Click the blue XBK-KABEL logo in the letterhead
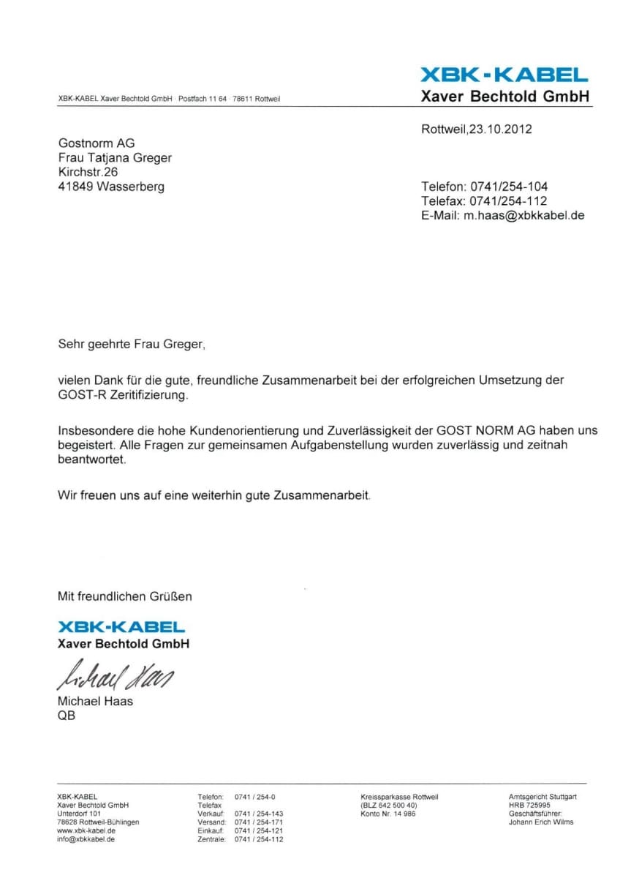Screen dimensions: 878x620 coord(504,75)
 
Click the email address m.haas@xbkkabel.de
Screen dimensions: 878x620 coord(523,215)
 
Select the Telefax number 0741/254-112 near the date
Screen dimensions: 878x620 coord(508,200)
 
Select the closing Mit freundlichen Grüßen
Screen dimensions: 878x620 coord(125,596)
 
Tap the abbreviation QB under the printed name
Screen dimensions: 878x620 coord(67,716)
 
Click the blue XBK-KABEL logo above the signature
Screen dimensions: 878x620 coord(121,627)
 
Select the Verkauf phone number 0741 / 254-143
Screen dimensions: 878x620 coord(259,814)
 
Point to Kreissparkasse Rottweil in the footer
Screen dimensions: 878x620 coord(400,796)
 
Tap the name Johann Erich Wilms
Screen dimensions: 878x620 coord(541,822)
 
